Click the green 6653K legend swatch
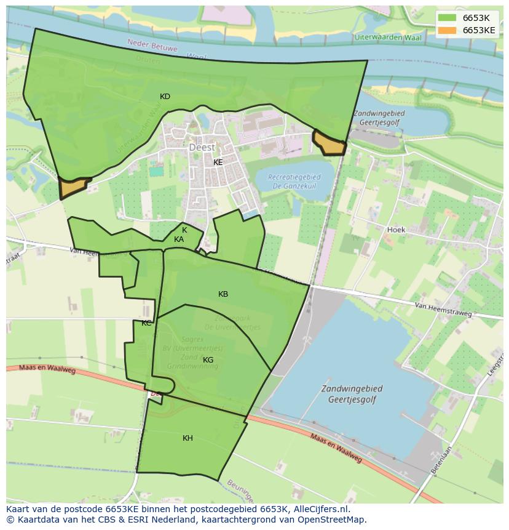(x=448, y=18)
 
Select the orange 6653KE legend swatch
(x=448, y=30)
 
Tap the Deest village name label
(x=202, y=148)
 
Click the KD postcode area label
(x=165, y=97)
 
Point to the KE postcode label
(x=218, y=163)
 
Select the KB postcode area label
(x=223, y=294)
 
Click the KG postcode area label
(x=208, y=360)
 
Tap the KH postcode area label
(x=187, y=438)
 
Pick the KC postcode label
(x=146, y=323)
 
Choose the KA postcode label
(x=179, y=239)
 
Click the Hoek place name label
(x=396, y=230)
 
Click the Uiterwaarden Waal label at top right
(x=388, y=38)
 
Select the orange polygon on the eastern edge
(x=329, y=143)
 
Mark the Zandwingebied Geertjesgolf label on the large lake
(x=351, y=394)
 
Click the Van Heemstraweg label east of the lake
(x=443, y=309)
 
